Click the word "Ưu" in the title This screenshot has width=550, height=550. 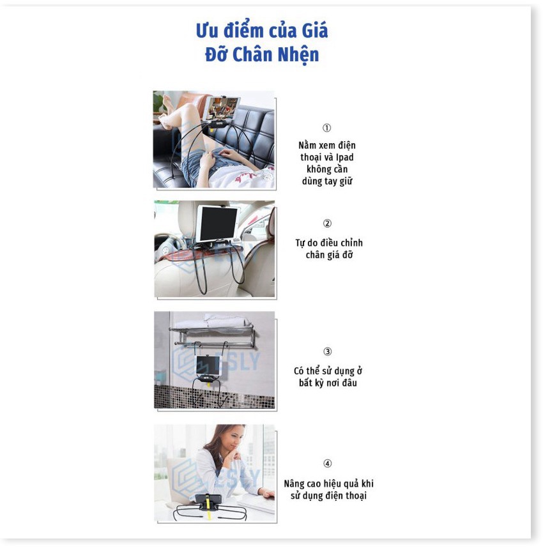pos(206,31)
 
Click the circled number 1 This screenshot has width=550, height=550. pos(326,128)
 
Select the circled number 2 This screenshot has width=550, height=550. pos(327,224)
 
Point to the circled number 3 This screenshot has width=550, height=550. pos(327,351)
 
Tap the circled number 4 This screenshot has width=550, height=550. pos(327,463)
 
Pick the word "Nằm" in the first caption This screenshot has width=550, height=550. pos(307,145)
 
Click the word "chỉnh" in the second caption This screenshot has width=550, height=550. pos(351,243)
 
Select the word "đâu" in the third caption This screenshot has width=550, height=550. pos(349,383)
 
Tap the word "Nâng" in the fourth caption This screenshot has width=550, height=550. pos(294,484)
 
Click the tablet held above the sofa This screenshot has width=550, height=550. pos(221,108)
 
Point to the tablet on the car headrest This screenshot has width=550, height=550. pos(217,224)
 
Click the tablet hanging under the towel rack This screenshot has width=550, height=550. pos(208,365)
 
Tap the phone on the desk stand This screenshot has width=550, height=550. pos(208,500)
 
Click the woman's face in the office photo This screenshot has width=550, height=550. pos(233,441)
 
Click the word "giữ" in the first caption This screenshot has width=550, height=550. pos(346,181)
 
